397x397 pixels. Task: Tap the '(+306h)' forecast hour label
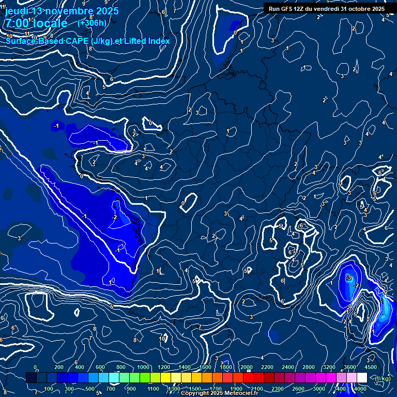[x=92, y=23]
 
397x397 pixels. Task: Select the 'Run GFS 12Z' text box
[x=326, y=9]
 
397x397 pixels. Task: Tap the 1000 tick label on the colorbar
[x=143, y=367]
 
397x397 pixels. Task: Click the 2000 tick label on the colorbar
[x=247, y=367]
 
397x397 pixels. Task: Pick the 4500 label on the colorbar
[x=371, y=367]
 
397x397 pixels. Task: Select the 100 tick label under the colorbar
[x=49, y=389]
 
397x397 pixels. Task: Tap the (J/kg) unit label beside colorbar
[x=382, y=379]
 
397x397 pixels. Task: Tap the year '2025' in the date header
[x=104, y=10]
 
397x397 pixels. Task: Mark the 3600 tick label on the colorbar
[x=350, y=367]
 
